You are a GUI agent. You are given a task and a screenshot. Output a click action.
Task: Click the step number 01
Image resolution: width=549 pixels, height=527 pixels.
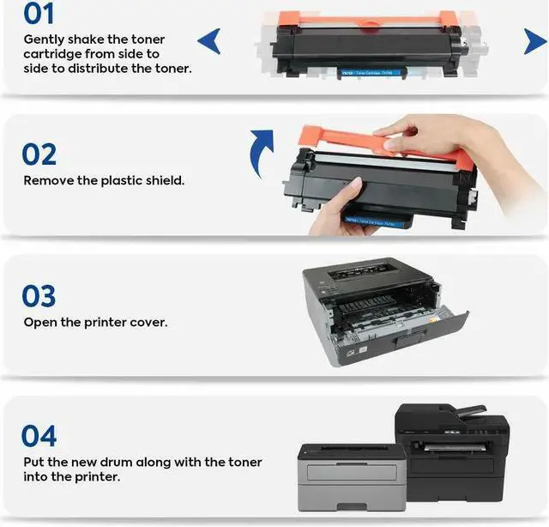[x=39, y=14]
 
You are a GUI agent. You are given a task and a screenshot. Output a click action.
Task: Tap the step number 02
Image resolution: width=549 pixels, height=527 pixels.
[x=39, y=154]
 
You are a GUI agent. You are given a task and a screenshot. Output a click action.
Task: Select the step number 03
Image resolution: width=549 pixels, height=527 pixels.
[x=39, y=296]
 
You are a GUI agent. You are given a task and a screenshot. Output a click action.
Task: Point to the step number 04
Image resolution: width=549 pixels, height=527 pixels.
[x=39, y=436]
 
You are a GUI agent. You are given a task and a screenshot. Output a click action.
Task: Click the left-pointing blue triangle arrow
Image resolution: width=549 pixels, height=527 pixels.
[x=208, y=40]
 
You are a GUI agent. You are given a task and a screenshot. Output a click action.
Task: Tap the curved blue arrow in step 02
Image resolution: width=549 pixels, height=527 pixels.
[x=261, y=152]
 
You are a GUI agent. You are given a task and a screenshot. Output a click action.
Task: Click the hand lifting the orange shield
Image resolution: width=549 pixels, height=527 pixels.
[x=429, y=137]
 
